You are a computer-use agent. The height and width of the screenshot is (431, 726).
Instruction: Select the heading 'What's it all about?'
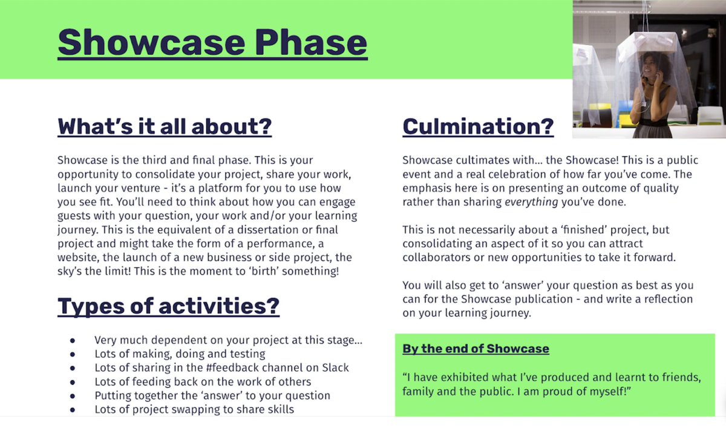click(164, 127)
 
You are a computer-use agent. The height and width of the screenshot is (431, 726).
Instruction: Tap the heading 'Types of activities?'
click(168, 306)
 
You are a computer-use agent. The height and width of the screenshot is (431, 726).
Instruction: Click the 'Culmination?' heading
click(478, 126)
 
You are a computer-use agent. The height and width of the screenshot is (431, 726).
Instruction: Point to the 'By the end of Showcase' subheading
click(476, 349)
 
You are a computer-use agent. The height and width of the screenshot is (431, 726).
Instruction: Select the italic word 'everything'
click(531, 202)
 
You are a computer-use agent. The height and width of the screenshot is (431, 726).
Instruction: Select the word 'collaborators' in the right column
click(434, 258)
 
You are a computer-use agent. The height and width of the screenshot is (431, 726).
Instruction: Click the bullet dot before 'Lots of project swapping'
click(73, 410)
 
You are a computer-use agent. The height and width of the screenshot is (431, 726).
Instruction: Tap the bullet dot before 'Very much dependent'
click(73, 340)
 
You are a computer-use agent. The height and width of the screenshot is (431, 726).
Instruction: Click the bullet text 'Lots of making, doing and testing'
click(180, 354)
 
